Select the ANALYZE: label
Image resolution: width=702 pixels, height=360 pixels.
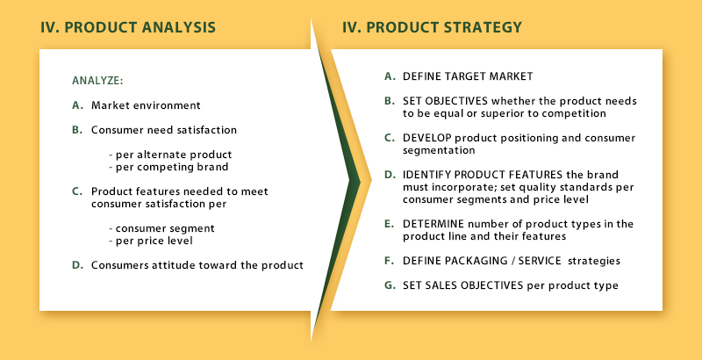[97, 81]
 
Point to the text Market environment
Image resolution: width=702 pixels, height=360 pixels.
[146, 105]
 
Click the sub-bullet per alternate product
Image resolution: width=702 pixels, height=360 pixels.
[170, 155]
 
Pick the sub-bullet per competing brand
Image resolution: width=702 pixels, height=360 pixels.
[168, 167]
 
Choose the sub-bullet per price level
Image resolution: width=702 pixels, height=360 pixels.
[151, 241]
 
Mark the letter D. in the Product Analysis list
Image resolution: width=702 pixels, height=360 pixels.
[77, 265]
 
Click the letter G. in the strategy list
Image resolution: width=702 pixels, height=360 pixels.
[390, 285]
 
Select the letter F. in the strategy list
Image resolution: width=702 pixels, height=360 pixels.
[389, 261]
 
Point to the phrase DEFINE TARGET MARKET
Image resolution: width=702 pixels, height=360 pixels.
[468, 76]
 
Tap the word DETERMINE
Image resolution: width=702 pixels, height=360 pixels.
[433, 223]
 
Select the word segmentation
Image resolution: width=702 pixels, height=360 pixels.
[439, 151]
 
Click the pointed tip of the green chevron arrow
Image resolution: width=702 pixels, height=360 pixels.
[361, 182]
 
